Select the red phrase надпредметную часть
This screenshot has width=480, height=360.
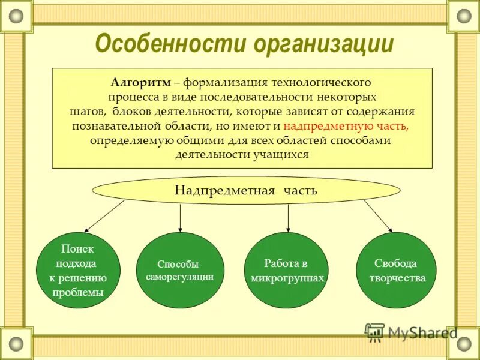[x=346, y=126]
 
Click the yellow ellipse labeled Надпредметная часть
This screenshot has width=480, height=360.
[x=245, y=191]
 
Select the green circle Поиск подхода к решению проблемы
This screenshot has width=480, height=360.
[x=78, y=271]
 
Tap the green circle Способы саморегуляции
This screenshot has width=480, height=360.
[x=180, y=271]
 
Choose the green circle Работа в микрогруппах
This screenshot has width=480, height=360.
[x=287, y=271]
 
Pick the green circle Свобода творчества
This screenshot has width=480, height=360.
[x=396, y=271]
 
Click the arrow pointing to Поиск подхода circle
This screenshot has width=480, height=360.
[x=103, y=217]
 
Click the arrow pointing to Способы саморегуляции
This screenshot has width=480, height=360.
[x=180, y=217]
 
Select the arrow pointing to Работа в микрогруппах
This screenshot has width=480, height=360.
[x=288, y=218]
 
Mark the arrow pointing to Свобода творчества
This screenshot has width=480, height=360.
[x=378, y=216]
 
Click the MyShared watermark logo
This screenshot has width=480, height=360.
[x=412, y=332]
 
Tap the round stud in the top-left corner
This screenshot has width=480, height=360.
[x=16, y=16]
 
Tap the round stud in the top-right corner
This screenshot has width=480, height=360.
[x=464, y=16]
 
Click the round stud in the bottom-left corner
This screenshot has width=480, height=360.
[x=16, y=344]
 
